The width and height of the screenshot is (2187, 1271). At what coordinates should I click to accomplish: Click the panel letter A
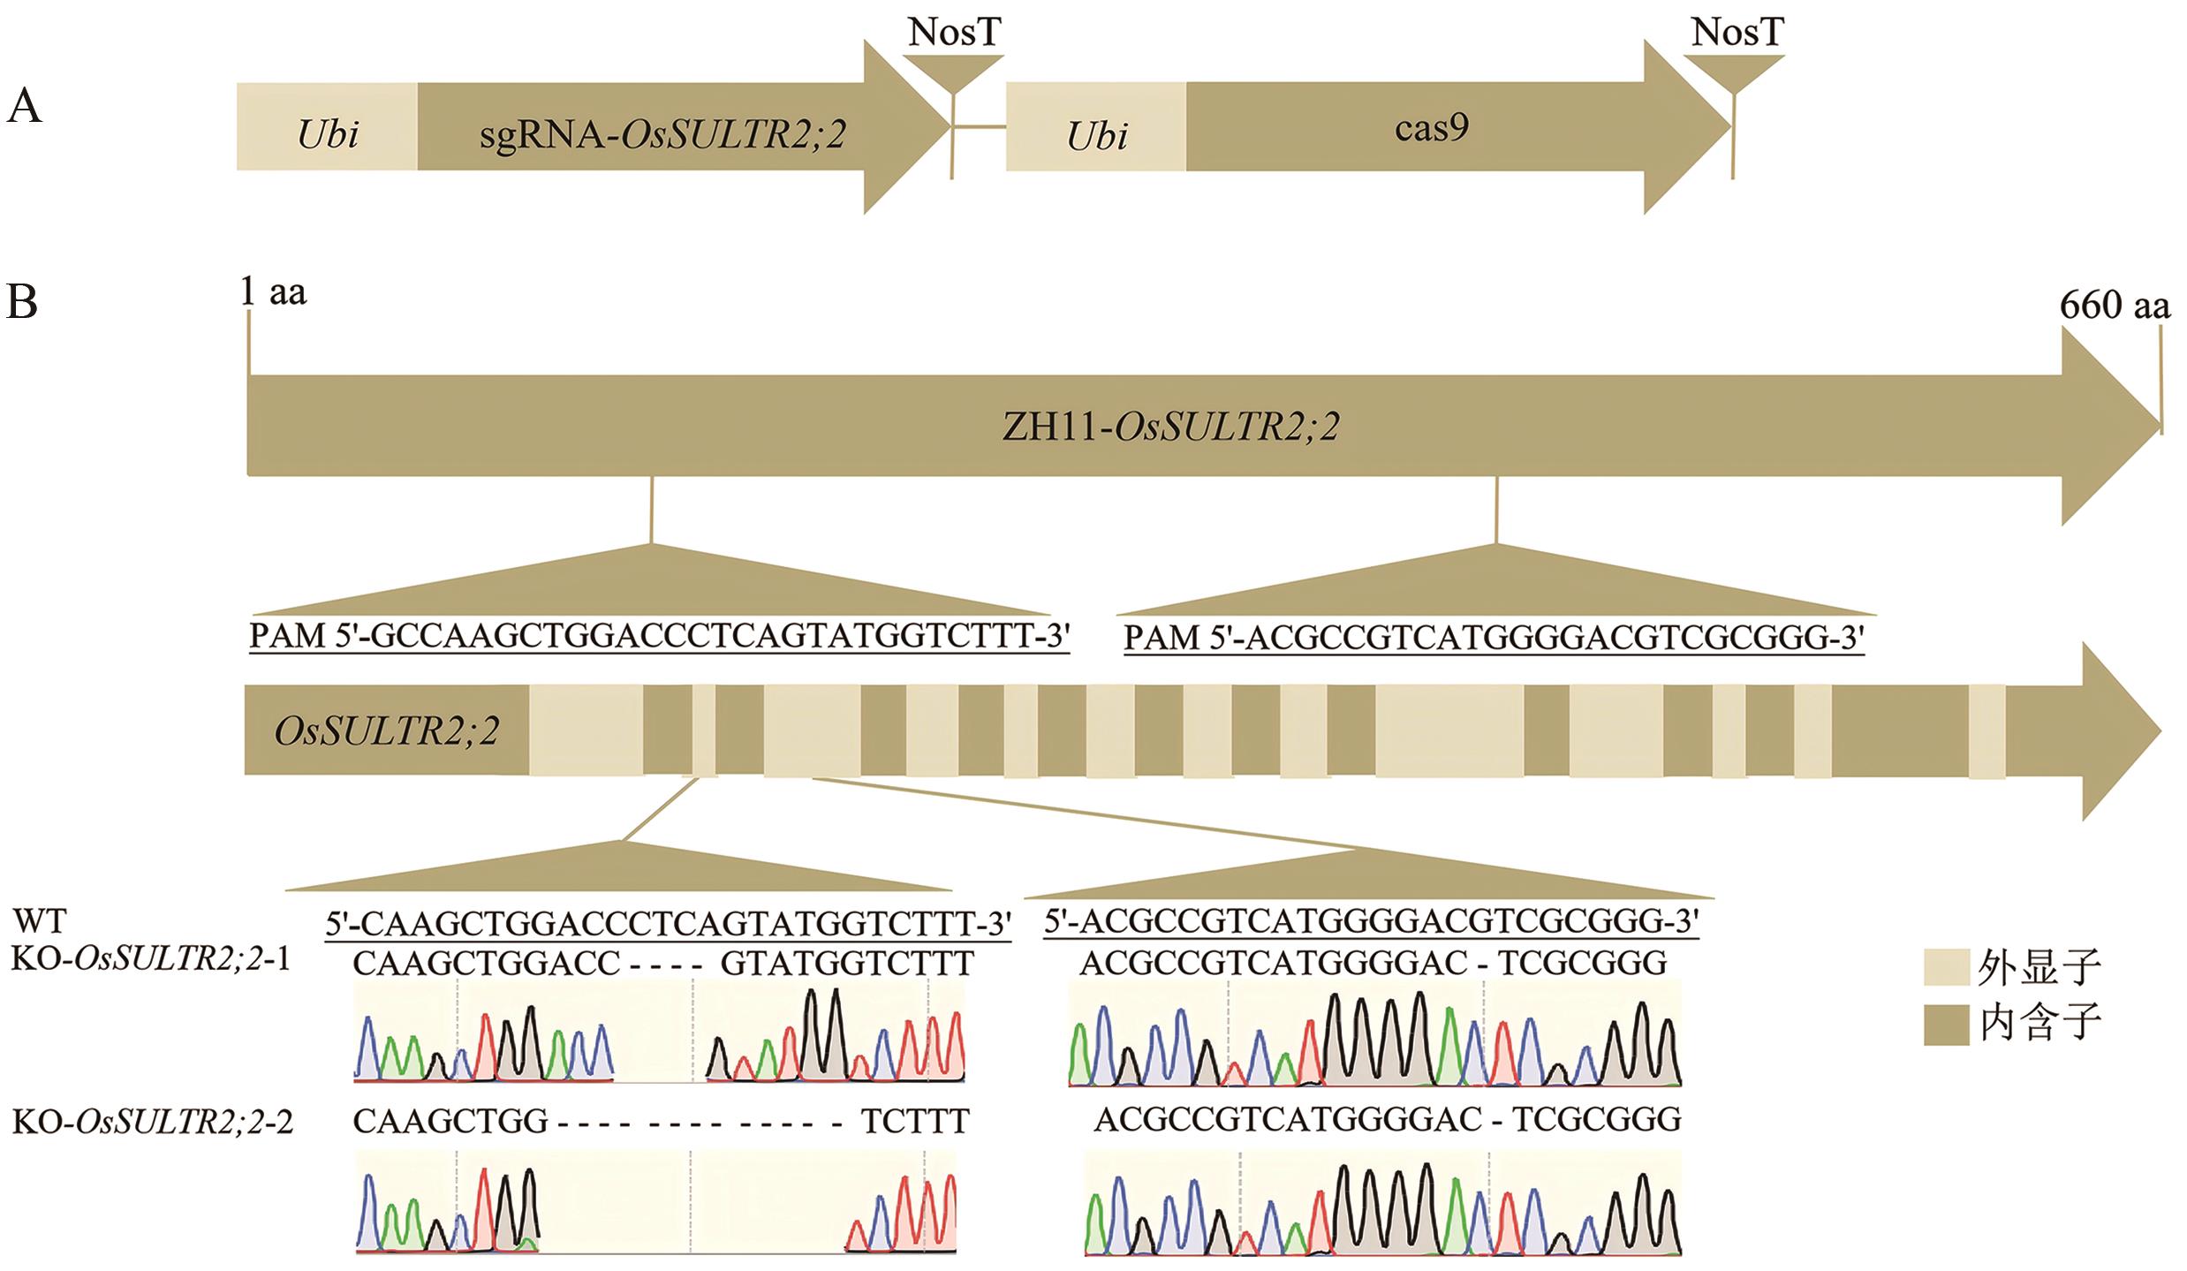click(x=24, y=109)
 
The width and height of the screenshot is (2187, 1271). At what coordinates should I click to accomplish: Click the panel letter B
click(x=22, y=302)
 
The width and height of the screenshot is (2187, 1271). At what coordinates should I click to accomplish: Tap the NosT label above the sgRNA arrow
click(x=954, y=33)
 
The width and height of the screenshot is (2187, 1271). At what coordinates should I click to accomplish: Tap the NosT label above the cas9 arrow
click(x=1737, y=33)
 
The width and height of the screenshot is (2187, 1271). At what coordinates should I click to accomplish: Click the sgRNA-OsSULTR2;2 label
click(x=662, y=134)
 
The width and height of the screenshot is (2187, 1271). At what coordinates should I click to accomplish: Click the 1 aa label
click(x=274, y=291)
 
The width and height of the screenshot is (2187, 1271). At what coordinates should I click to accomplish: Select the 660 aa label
click(x=2114, y=305)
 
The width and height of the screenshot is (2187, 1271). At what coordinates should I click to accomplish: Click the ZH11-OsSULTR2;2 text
click(x=1170, y=427)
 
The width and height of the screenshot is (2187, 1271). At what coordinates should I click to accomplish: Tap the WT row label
click(x=39, y=922)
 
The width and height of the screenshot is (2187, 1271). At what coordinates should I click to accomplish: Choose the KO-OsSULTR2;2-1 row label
click(x=150, y=960)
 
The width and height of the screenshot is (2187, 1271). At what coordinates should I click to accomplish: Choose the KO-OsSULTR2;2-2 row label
click(x=152, y=1122)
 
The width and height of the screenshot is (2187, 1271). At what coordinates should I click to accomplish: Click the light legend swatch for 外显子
click(x=1946, y=967)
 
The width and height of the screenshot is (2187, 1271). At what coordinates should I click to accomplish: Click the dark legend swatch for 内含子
click(x=1946, y=1025)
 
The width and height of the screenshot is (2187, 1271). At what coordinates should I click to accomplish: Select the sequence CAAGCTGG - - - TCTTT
click(x=661, y=1122)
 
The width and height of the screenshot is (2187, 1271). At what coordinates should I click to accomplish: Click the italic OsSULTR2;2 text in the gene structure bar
click(x=387, y=731)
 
